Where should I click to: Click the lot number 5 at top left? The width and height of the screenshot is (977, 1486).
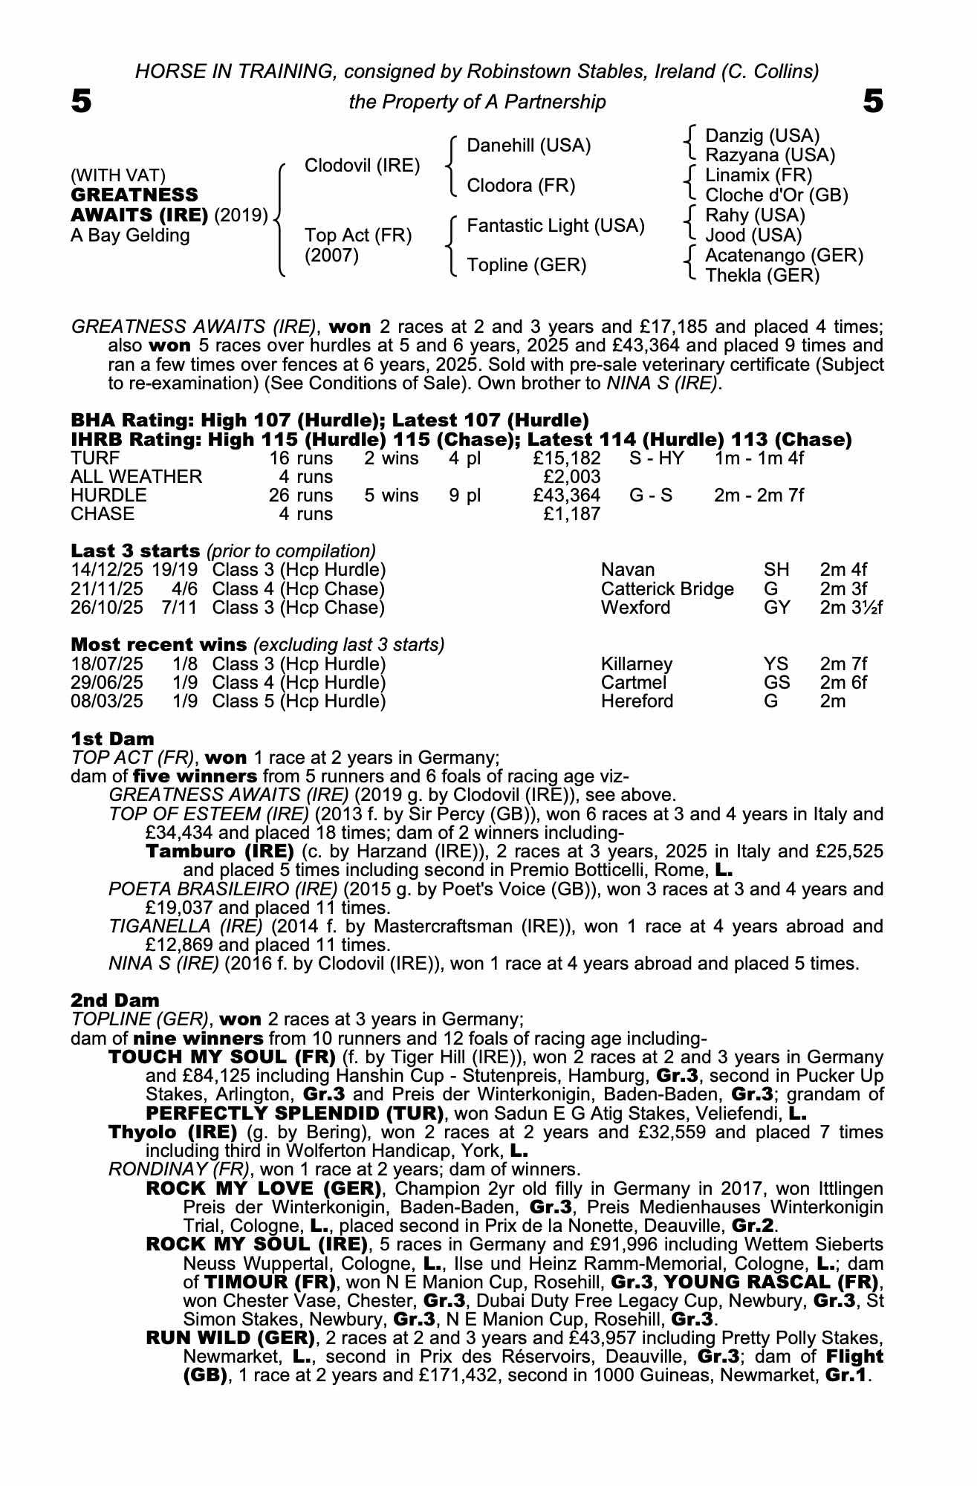click(82, 101)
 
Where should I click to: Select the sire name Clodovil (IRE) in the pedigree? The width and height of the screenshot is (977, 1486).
click(363, 166)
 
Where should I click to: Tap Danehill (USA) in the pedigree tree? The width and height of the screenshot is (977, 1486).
click(528, 146)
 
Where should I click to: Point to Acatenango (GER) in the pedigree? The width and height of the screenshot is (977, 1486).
click(784, 256)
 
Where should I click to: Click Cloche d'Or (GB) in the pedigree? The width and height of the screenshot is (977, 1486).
click(776, 195)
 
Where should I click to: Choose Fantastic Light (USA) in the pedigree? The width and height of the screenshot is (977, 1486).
click(555, 226)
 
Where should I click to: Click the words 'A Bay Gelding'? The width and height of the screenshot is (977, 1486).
click(130, 236)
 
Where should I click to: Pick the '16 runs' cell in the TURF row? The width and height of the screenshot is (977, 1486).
click(301, 458)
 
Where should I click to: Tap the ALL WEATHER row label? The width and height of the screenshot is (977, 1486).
click(136, 477)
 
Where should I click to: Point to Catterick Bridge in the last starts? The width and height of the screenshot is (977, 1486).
click(667, 589)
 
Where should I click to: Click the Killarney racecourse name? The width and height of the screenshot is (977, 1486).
click(637, 664)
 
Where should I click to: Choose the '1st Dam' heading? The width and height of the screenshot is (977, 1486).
click(113, 739)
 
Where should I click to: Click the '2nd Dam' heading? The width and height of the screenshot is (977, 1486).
click(115, 1000)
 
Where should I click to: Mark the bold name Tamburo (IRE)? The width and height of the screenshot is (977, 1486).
click(220, 851)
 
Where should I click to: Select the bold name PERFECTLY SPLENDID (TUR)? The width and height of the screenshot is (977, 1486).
click(295, 1113)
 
